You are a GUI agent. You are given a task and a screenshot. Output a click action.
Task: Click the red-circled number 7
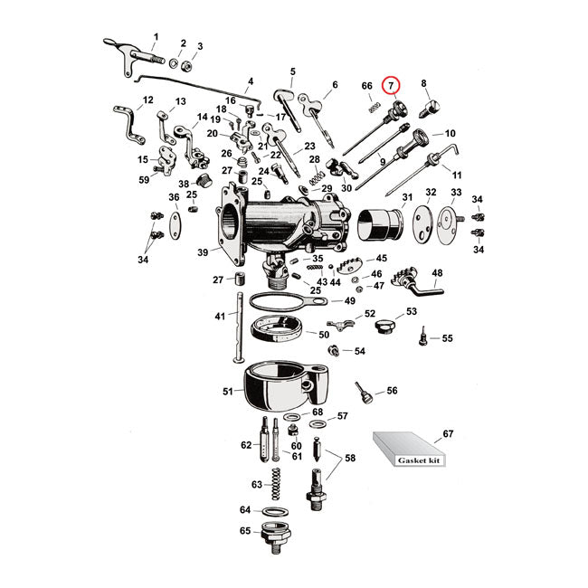pos(391,87)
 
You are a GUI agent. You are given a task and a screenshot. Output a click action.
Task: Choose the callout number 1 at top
pos(155,37)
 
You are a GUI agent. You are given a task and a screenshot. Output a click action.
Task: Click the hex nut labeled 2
pos(182,64)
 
